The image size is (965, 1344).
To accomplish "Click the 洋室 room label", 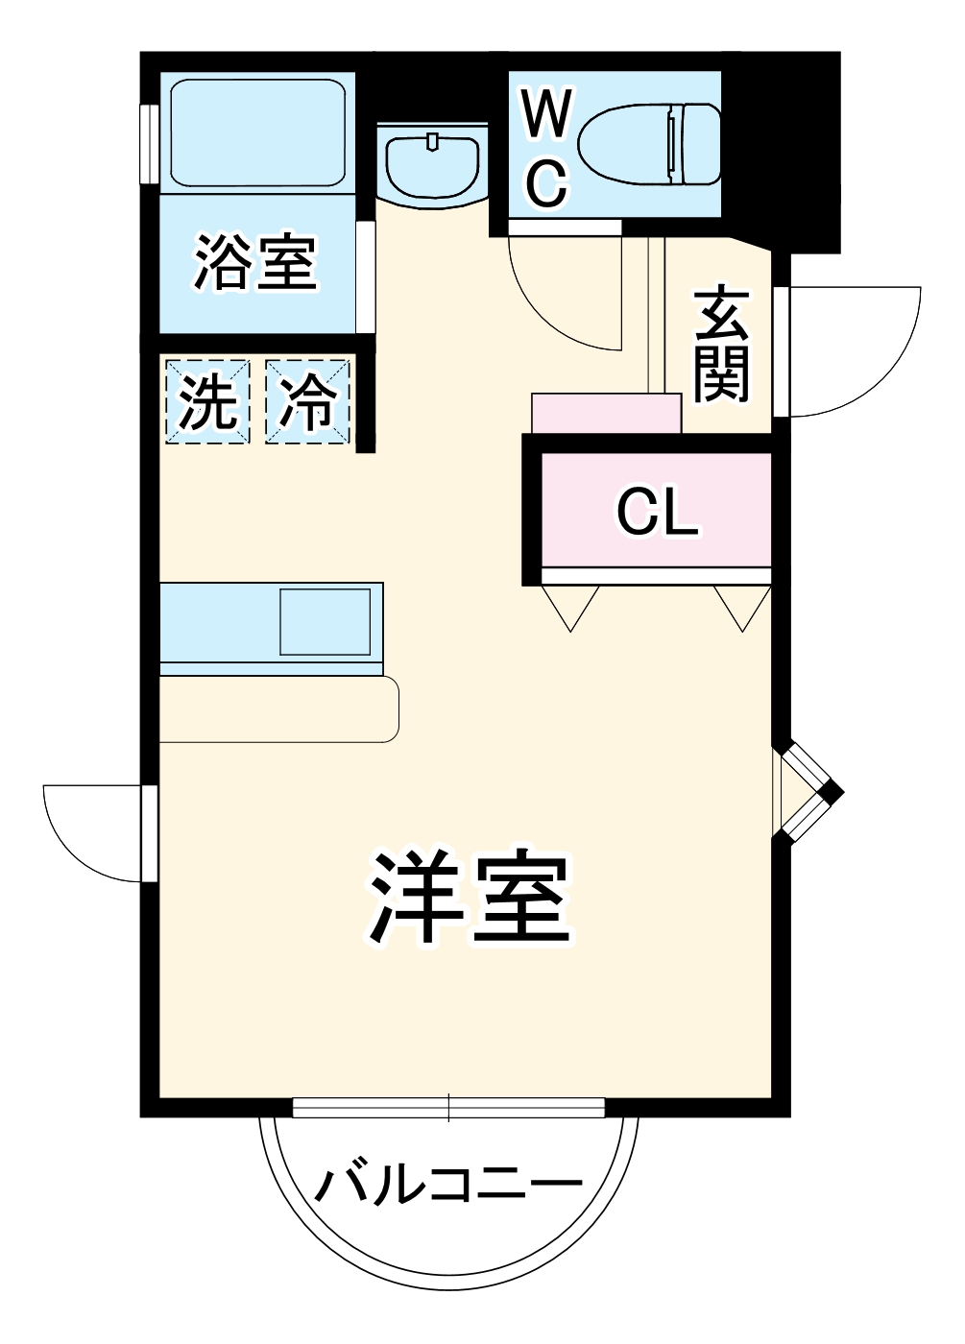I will click(x=470, y=897).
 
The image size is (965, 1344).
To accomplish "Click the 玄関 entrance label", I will click(x=721, y=344).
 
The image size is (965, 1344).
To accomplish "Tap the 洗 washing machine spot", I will click(x=208, y=401).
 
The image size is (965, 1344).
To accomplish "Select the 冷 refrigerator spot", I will click(x=307, y=401).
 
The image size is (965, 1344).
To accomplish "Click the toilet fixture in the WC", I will click(x=651, y=144).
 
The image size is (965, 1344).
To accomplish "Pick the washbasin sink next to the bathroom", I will click(x=432, y=163).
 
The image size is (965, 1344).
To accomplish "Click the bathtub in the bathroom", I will click(x=257, y=132).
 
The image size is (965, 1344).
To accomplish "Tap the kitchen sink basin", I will click(x=325, y=622).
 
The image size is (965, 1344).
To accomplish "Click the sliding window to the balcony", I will click(x=449, y=1108).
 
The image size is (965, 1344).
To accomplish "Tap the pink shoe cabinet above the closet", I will click(x=606, y=413).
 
